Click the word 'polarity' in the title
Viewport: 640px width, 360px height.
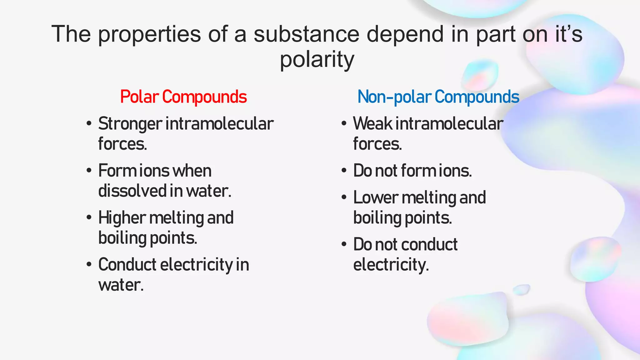coord(317,59)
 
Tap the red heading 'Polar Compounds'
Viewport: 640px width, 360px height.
coord(183,97)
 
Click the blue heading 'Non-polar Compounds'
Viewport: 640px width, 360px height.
coord(438,97)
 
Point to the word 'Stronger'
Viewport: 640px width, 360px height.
coord(130,124)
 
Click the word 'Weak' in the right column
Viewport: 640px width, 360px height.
coord(372,123)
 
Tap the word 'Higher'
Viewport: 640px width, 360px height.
coord(122,218)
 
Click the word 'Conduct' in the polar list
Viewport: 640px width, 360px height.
coord(127,265)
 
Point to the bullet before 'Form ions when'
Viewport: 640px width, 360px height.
coord(89,171)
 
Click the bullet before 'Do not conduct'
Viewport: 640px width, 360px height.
coord(344,244)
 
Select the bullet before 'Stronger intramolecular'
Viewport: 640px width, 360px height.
coord(89,124)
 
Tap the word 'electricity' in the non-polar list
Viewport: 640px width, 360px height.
coord(390,265)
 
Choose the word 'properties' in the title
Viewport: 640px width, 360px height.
coord(150,34)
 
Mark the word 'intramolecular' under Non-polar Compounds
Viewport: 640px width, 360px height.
coord(449,123)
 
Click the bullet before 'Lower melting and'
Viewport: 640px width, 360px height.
coord(344,198)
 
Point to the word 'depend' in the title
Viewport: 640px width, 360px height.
coord(405,34)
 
